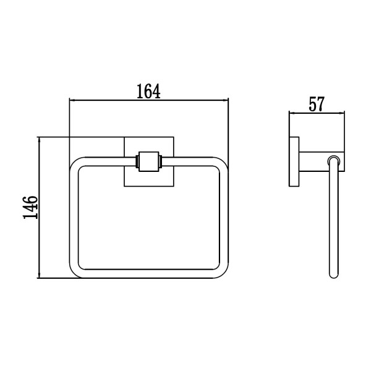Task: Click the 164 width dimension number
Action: click(148, 92)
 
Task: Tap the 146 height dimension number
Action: click(30, 207)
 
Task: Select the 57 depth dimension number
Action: click(317, 104)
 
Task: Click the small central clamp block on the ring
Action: click(148, 161)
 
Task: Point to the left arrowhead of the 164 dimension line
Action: click(72, 101)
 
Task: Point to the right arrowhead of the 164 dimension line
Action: click(226, 101)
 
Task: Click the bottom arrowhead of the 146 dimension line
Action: click(39, 275)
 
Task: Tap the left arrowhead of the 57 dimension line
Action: click(292, 114)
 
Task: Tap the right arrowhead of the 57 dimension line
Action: click(342, 114)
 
